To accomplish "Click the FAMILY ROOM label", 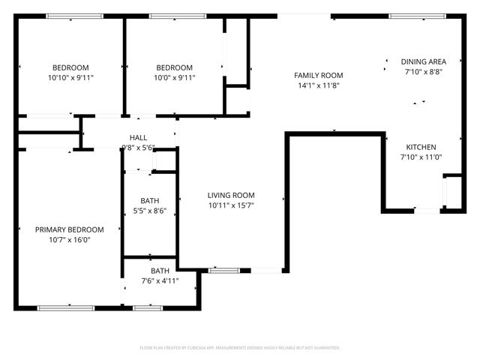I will point(318,75).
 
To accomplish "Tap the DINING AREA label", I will point(424,61).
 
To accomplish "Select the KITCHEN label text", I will point(421,147).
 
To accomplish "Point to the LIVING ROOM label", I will point(231,195).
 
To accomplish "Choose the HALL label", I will point(138,137).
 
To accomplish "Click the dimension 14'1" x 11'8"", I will point(318,85).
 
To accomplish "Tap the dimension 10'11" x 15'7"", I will point(231,205).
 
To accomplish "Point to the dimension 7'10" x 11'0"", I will point(421,157).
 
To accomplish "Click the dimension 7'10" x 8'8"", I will point(424,72).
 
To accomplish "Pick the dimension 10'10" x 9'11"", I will point(70,77).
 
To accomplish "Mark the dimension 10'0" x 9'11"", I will point(174,77).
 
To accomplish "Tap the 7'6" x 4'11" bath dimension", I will point(160,281).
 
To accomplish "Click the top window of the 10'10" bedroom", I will point(70,16).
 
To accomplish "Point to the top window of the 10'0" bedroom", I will point(178,16).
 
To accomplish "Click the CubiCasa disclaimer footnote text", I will point(240,348).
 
